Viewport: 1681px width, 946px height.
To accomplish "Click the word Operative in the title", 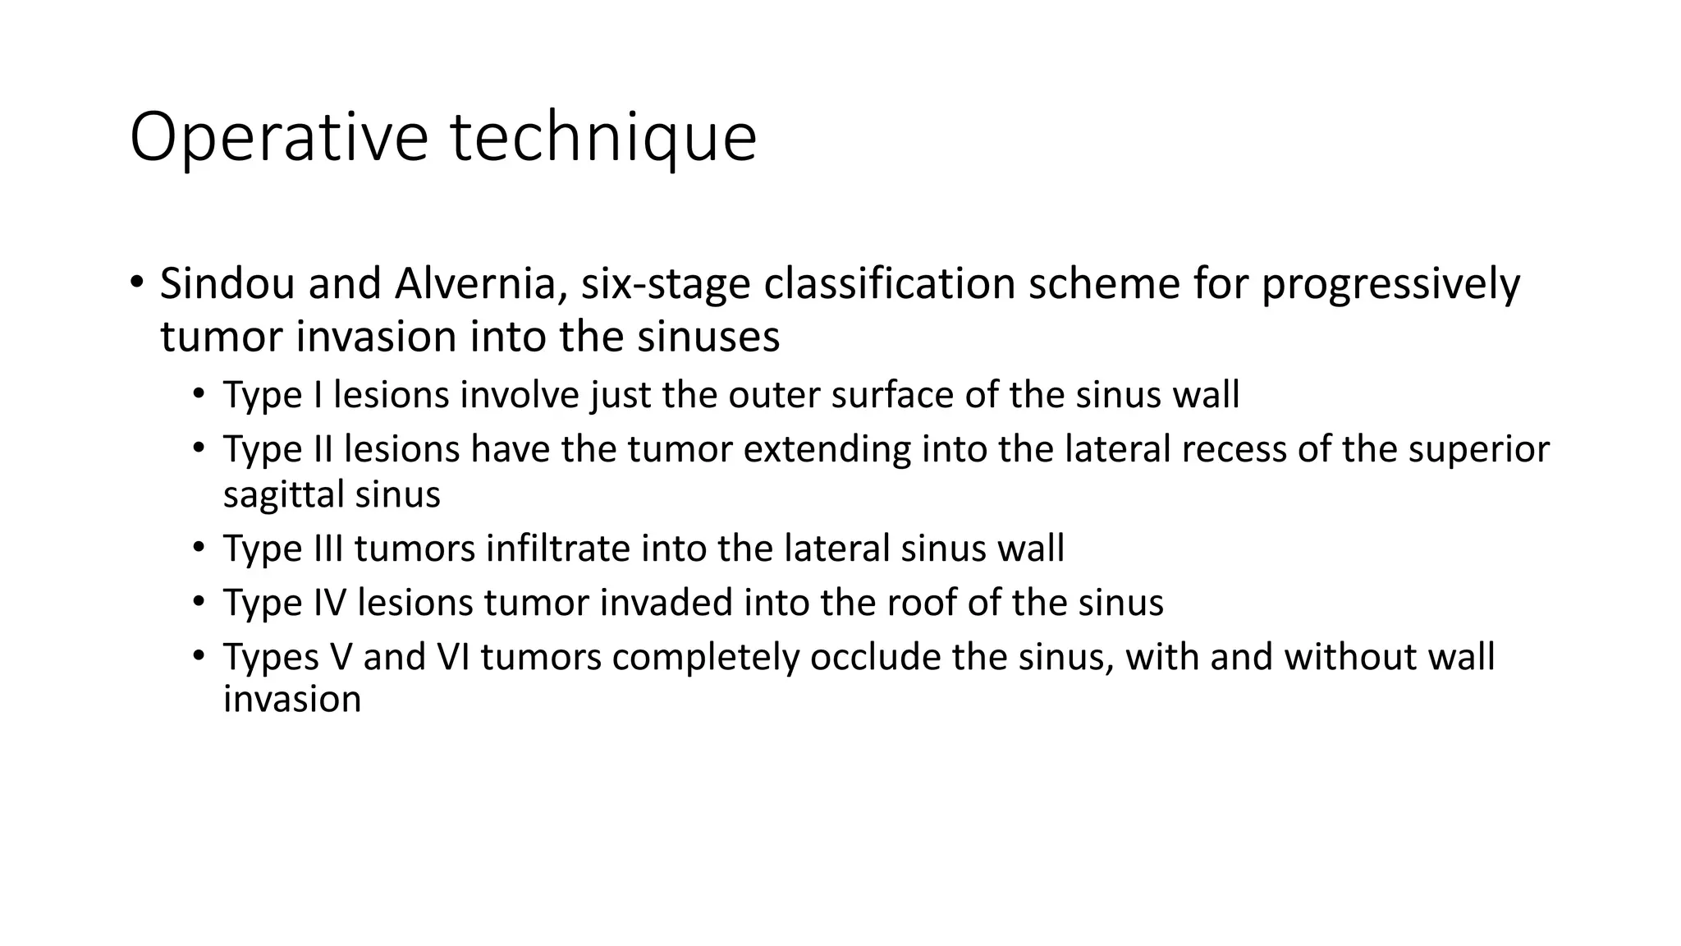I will pyautogui.click(x=278, y=137).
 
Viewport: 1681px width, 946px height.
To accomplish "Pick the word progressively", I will pyautogui.click(x=1390, y=284).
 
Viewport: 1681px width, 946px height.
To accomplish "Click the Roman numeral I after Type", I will pyautogui.click(x=318, y=395).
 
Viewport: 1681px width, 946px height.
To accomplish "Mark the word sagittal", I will pyautogui.click(x=284, y=494).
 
